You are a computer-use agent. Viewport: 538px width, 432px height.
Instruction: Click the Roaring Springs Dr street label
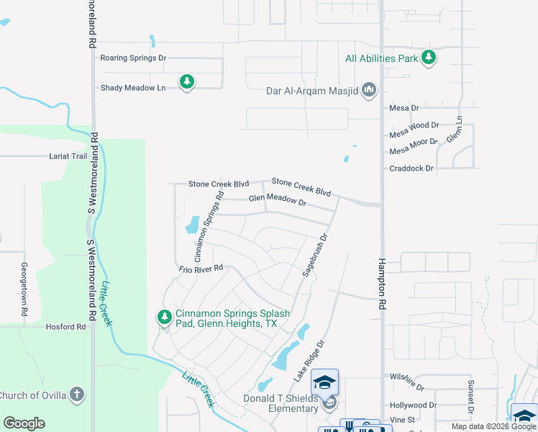pos(133,58)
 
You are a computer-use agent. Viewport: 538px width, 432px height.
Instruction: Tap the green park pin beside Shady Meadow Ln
pos(187,82)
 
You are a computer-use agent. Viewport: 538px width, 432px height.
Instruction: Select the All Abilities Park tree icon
pos(429,58)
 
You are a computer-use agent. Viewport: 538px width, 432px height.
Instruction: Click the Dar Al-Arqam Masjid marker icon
pos(370,90)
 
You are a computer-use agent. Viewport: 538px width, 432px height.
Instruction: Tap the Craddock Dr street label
pos(411,168)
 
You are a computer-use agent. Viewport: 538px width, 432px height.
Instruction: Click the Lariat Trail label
pos(68,156)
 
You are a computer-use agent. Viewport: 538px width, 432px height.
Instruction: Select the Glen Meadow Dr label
pos(278,200)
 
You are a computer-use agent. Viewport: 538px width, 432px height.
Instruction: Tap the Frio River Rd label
pos(202,269)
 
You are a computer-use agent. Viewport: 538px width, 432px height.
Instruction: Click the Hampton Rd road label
pos(383,284)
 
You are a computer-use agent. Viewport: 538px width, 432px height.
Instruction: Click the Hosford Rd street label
pos(65,326)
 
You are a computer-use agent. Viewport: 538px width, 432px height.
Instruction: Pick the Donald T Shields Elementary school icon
pos(325,382)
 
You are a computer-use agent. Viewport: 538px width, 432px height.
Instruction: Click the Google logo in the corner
pos(24,423)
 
